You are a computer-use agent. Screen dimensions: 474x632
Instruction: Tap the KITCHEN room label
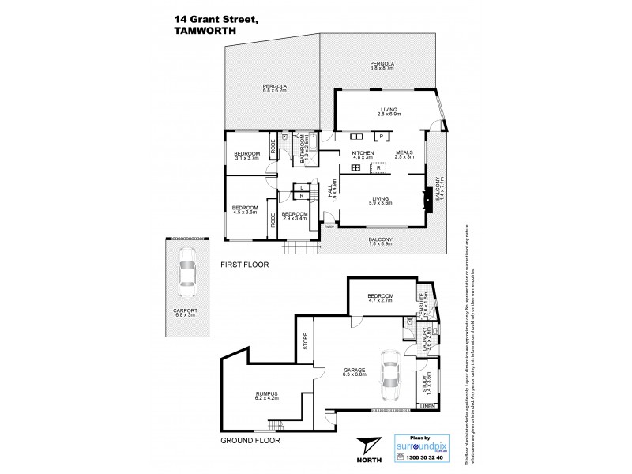pyautogui.click(x=351, y=154)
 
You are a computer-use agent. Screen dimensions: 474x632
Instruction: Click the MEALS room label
pyautogui.click(x=405, y=154)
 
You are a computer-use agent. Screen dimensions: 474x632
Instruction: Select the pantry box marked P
pyautogui.click(x=381, y=137)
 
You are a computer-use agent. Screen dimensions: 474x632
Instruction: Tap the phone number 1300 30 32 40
pyautogui.click(x=431, y=458)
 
